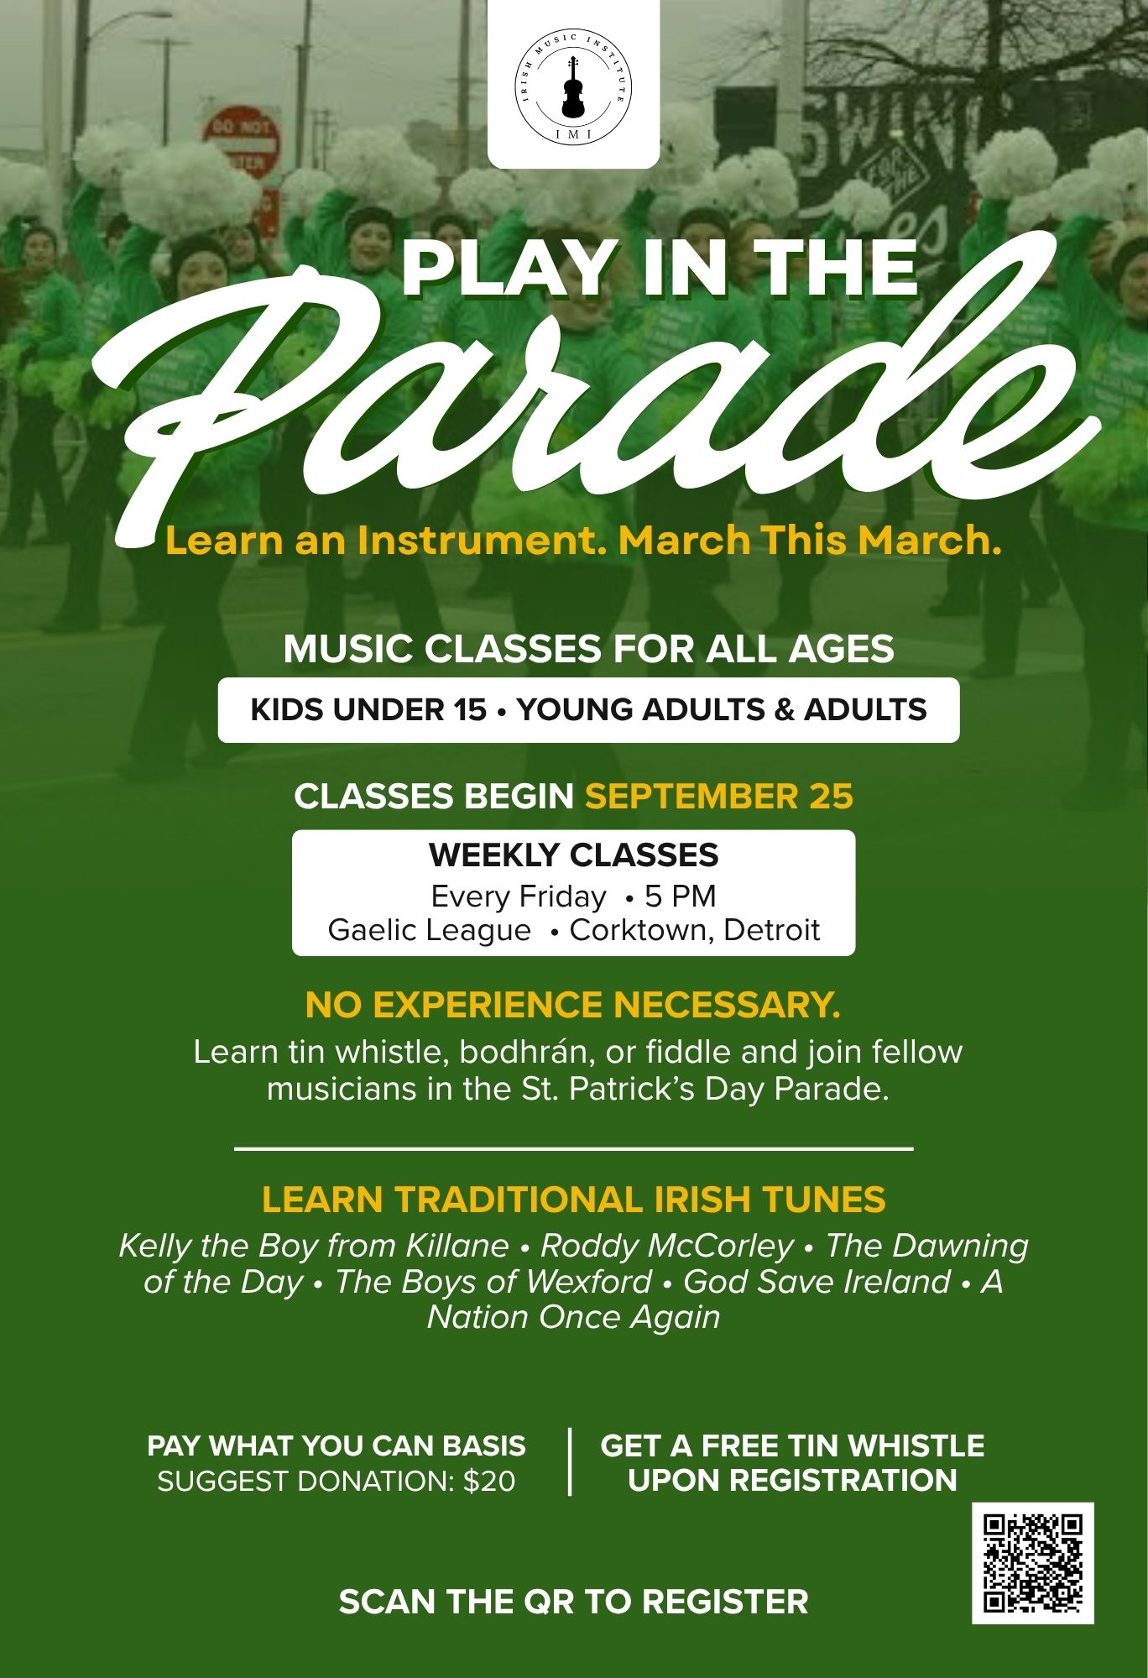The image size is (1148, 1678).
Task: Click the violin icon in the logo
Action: click(x=573, y=87)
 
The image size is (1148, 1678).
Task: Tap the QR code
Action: click(x=1033, y=1562)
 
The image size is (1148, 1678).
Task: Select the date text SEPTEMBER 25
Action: click(x=719, y=796)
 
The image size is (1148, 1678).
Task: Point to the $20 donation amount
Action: click(x=489, y=1482)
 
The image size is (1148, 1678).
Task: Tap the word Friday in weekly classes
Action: click(x=561, y=897)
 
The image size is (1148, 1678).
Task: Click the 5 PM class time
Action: click(x=681, y=897)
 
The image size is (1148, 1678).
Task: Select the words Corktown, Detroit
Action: click(x=695, y=931)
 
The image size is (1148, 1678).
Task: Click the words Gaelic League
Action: click(x=430, y=931)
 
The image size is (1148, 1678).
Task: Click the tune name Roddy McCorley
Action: click(x=667, y=1247)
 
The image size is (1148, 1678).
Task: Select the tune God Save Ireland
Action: click(x=817, y=1282)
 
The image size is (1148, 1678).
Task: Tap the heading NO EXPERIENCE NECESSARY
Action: click(x=573, y=1005)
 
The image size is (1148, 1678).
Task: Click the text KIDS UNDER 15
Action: click(x=368, y=710)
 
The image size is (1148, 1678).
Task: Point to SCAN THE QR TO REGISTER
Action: click(x=573, y=1602)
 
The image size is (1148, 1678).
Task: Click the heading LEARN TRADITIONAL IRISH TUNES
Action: click(x=574, y=1200)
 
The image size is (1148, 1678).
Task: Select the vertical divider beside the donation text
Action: click(x=571, y=1462)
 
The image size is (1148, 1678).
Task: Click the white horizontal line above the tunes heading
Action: click(x=573, y=1148)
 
